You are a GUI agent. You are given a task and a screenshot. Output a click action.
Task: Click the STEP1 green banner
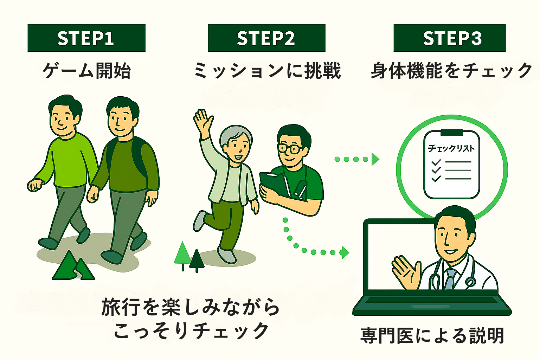(x=86, y=38)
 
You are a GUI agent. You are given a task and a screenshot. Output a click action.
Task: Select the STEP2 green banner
(x=266, y=38)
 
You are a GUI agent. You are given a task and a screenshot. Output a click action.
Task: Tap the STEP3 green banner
(x=449, y=38)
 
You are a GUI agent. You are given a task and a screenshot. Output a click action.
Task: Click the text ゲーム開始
(x=86, y=70)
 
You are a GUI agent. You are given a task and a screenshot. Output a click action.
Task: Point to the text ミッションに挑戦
(x=267, y=70)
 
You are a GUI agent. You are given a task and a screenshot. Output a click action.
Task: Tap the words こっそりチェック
(x=192, y=330)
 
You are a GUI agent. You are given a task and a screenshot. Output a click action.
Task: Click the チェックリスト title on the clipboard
(x=451, y=148)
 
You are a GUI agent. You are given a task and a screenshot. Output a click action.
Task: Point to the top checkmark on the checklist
(x=436, y=162)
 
